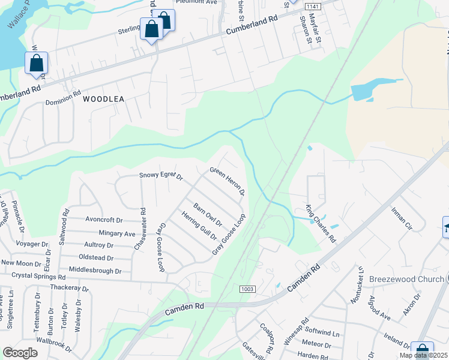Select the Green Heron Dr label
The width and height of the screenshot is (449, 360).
pyautogui.click(x=227, y=181)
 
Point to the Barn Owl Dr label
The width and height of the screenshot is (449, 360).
pyautogui.click(x=208, y=213)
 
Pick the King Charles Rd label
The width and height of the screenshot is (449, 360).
pyautogui.click(x=320, y=224)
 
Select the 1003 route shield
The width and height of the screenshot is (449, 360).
pyautogui.click(x=247, y=289)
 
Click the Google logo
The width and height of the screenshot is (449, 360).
pyautogui.click(x=20, y=352)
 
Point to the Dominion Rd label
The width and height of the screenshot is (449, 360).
pyautogui.click(x=63, y=98)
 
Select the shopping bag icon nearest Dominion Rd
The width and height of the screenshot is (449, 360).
pyautogui.click(x=36, y=63)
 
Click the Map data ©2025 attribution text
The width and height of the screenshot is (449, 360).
pyautogui.click(x=424, y=355)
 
